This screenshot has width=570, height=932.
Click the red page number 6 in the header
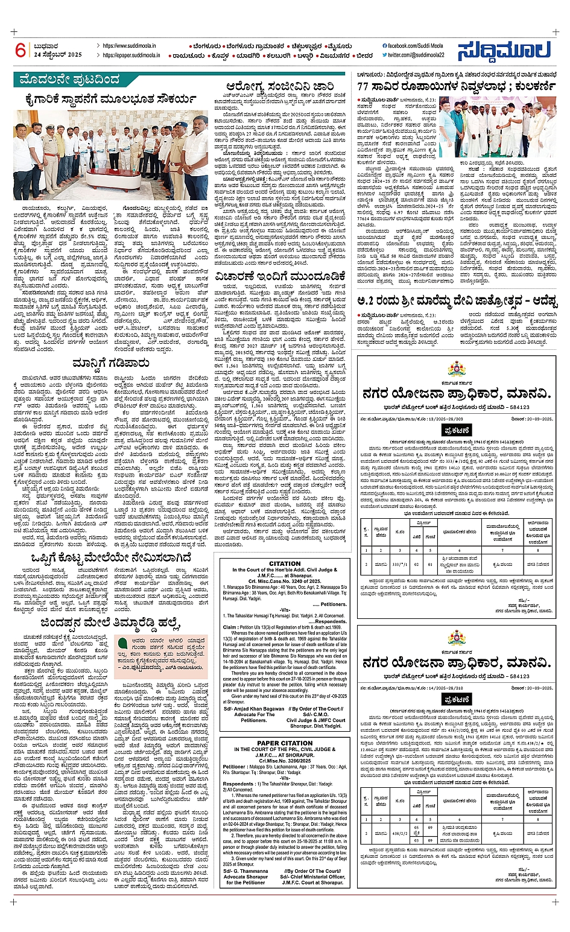click(21, 50)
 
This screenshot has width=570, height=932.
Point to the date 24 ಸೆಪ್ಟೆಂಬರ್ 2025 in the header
click(58, 55)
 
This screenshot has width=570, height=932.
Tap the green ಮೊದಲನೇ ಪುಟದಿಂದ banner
click(70, 80)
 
